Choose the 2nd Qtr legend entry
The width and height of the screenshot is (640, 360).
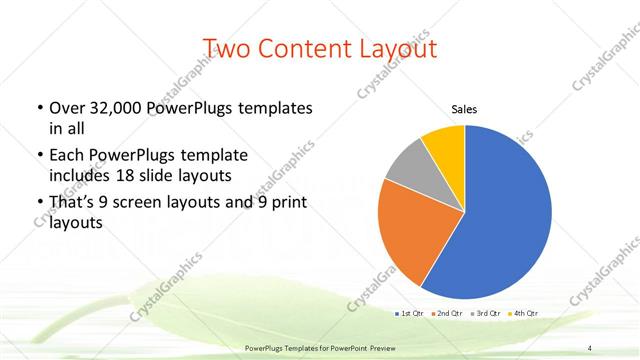tap(445, 314)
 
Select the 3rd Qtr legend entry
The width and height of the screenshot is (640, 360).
tap(485, 314)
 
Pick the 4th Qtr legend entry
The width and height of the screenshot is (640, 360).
tap(524, 314)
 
